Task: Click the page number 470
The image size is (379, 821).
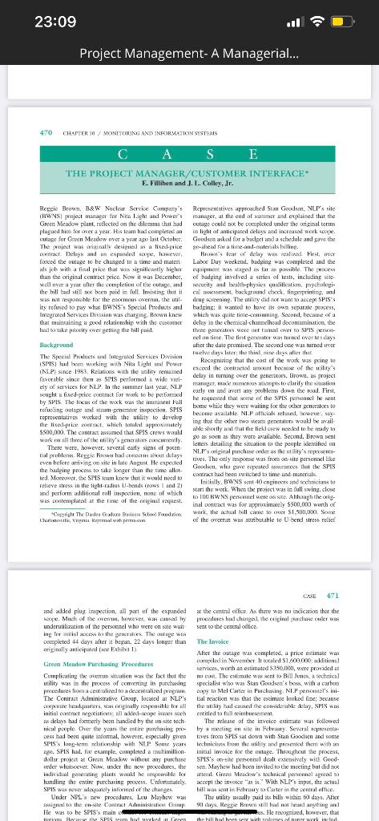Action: tap(46, 133)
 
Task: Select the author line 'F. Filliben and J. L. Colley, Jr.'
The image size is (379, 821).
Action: tap(190, 182)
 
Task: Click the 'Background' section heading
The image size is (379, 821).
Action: tap(56, 344)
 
